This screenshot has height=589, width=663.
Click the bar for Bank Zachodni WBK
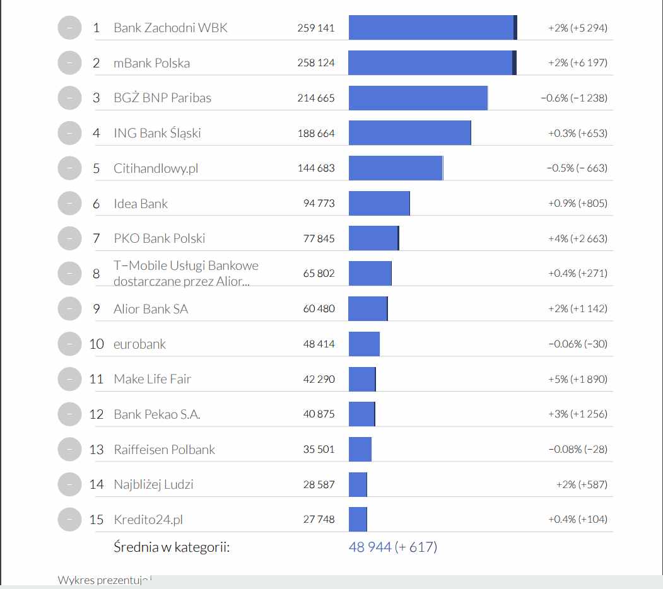click(432, 28)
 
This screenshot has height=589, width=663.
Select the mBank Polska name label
click(151, 63)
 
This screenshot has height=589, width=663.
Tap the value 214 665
click(316, 98)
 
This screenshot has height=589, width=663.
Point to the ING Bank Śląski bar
click(409, 133)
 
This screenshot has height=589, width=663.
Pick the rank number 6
click(96, 204)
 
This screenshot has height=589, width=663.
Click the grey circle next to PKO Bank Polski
click(69, 238)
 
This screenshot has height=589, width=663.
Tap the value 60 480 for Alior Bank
click(319, 309)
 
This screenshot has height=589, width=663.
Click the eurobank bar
click(364, 344)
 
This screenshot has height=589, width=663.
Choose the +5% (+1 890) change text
click(578, 379)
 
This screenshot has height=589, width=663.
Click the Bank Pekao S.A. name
click(157, 414)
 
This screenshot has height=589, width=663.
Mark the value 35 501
click(319, 450)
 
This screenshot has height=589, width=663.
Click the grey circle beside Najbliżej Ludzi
click(69, 484)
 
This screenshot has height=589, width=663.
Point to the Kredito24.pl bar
click(358, 519)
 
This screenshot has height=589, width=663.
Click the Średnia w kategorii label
click(172, 547)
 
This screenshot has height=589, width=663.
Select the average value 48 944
click(370, 547)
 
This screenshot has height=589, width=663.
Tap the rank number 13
click(96, 450)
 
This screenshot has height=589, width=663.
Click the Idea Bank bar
click(379, 203)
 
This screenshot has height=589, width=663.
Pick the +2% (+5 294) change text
click(578, 28)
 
